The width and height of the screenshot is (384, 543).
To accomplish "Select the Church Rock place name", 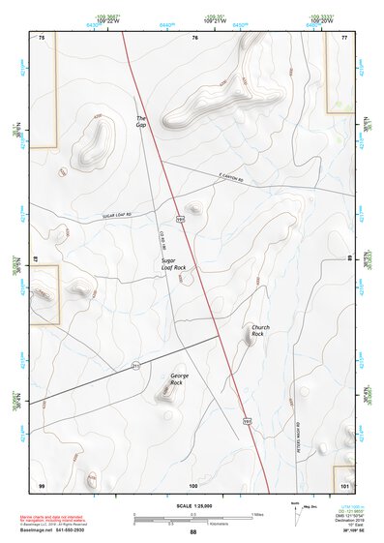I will coord(259,330).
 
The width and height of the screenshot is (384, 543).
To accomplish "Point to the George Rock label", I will coord(177,379).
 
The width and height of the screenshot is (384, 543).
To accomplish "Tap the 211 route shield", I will coord(136,365).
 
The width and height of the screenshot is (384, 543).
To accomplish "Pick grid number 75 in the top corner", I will coord(42,38).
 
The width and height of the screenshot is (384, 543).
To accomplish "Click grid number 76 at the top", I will coord(194,38).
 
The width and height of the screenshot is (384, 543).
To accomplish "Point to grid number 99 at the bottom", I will coord(42,484).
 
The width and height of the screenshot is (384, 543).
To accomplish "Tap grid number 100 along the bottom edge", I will coord(193,484).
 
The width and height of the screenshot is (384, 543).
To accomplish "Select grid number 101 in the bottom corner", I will coord(345,484).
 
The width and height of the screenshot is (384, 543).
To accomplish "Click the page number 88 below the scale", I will coord(192,532).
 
